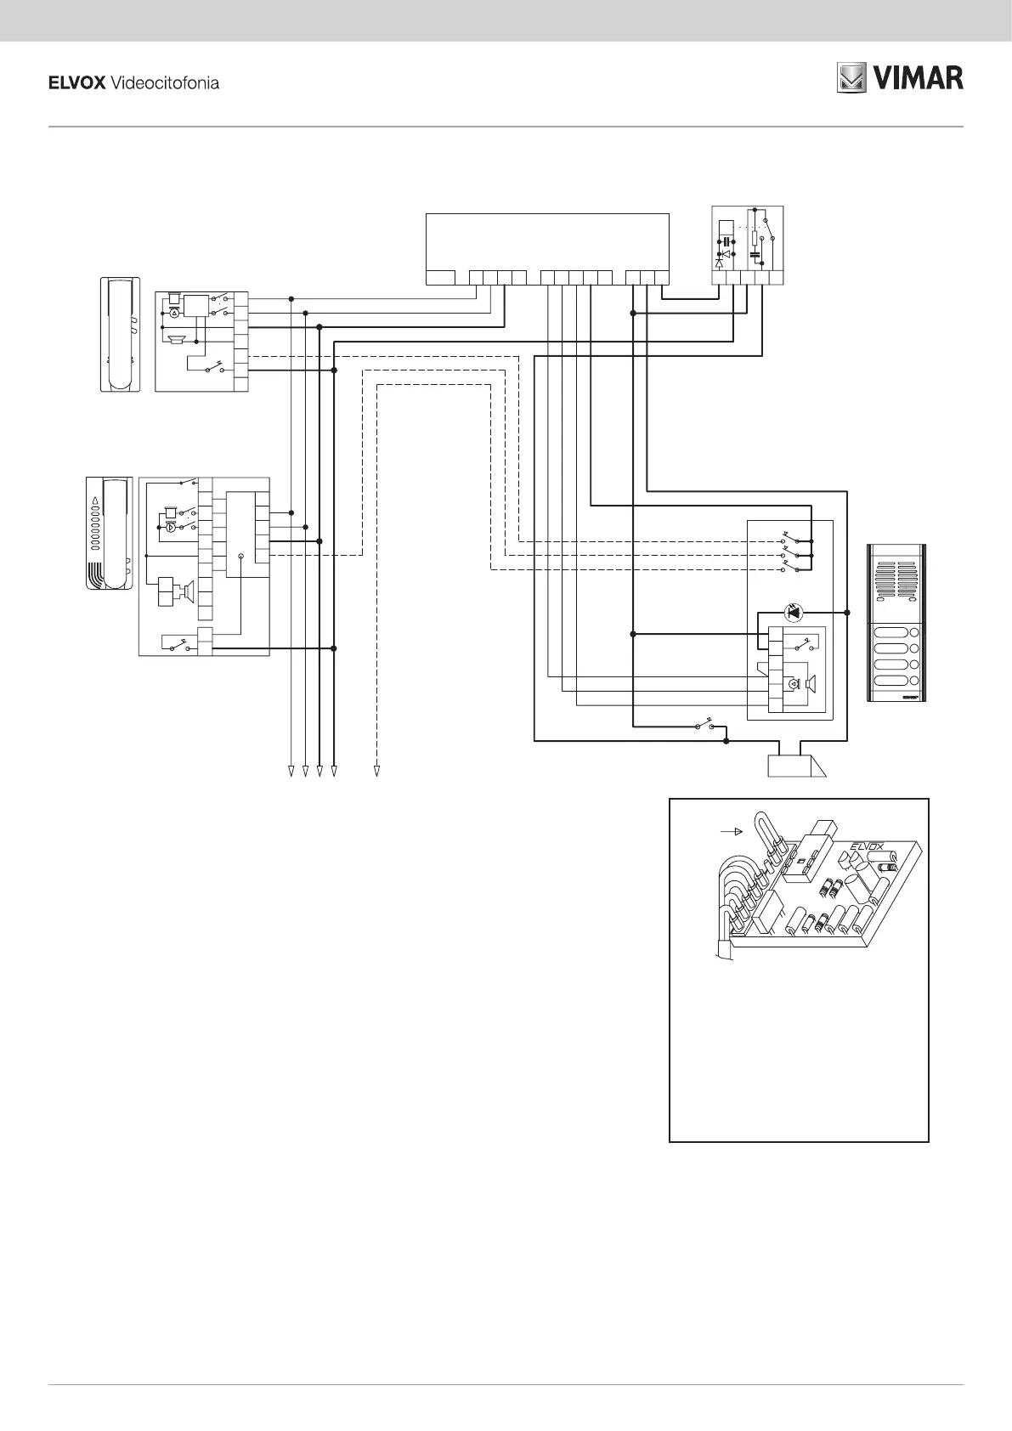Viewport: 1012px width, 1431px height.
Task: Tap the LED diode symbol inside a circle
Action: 793,612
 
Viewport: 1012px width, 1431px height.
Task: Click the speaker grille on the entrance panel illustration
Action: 897,580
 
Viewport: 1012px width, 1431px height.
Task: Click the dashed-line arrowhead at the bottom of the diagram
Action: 376,772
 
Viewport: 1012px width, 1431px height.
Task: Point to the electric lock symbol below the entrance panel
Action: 795,766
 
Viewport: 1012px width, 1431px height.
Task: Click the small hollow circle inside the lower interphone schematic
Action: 241,557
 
